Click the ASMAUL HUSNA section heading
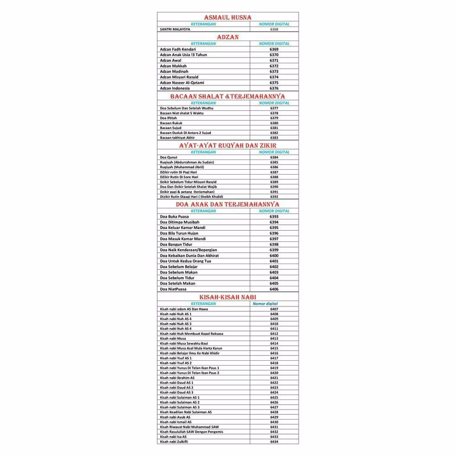pyautogui.click(x=228, y=17)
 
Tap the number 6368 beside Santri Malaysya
pyautogui.click(x=274, y=29)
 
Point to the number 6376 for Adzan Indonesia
pyautogui.click(x=274, y=88)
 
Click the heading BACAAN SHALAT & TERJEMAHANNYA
pyautogui.click(x=228, y=97)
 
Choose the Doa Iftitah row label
pyautogui.click(x=168, y=118)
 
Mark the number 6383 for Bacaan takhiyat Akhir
pyautogui.click(x=274, y=138)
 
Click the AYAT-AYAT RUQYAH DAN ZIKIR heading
pyautogui.click(x=228, y=145)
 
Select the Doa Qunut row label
pyautogui.click(x=169, y=157)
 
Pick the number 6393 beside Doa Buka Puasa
pyautogui.click(x=274, y=217)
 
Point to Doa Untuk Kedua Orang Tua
pyautogui.click(x=185, y=261)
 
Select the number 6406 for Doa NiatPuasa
pyautogui.click(x=274, y=289)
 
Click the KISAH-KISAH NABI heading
pyautogui.click(x=228, y=297)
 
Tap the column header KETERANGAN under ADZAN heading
pyautogui.click(x=203, y=44)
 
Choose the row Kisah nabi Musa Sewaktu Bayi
pyautogui.click(x=184, y=343)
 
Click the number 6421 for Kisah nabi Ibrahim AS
pyautogui.click(x=274, y=378)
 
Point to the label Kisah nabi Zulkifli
pyautogui.click(x=174, y=442)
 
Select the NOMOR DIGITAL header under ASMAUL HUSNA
pyautogui.click(x=274, y=24)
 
